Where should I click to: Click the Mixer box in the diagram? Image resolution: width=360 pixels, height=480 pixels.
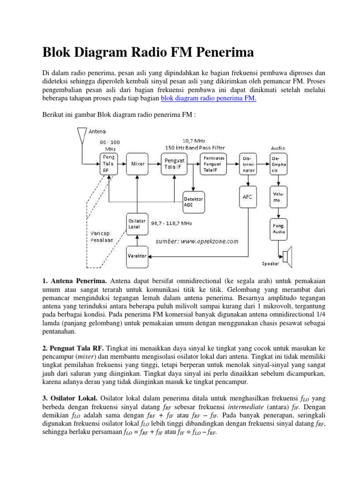(x=138, y=164)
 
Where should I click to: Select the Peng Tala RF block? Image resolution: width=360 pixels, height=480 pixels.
(x=109, y=164)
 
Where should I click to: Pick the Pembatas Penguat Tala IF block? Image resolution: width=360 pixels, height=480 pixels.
(x=214, y=164)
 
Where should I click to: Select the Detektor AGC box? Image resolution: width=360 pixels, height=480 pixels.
(x=195, y=202)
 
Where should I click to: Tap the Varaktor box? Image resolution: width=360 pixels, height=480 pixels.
(x=137, y=256)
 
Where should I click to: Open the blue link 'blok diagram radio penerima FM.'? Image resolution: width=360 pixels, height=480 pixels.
(x=208, y=98)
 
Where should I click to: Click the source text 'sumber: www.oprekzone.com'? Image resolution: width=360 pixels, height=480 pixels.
(x=197, y=241)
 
